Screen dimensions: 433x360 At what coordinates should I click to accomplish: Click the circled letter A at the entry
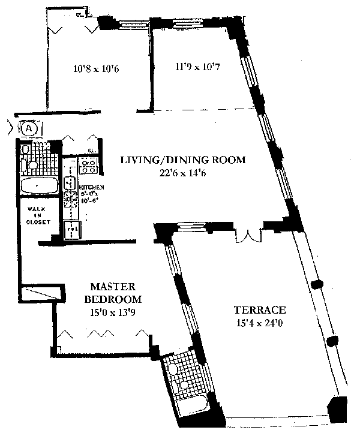pos(31,128)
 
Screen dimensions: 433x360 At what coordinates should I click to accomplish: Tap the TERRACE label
pos(260,310)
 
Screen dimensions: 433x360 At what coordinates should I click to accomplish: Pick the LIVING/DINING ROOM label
pos(183,160)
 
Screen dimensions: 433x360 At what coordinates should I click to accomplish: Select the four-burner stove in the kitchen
pos(89,164)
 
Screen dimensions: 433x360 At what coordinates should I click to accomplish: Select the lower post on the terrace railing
pos(329,341)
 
